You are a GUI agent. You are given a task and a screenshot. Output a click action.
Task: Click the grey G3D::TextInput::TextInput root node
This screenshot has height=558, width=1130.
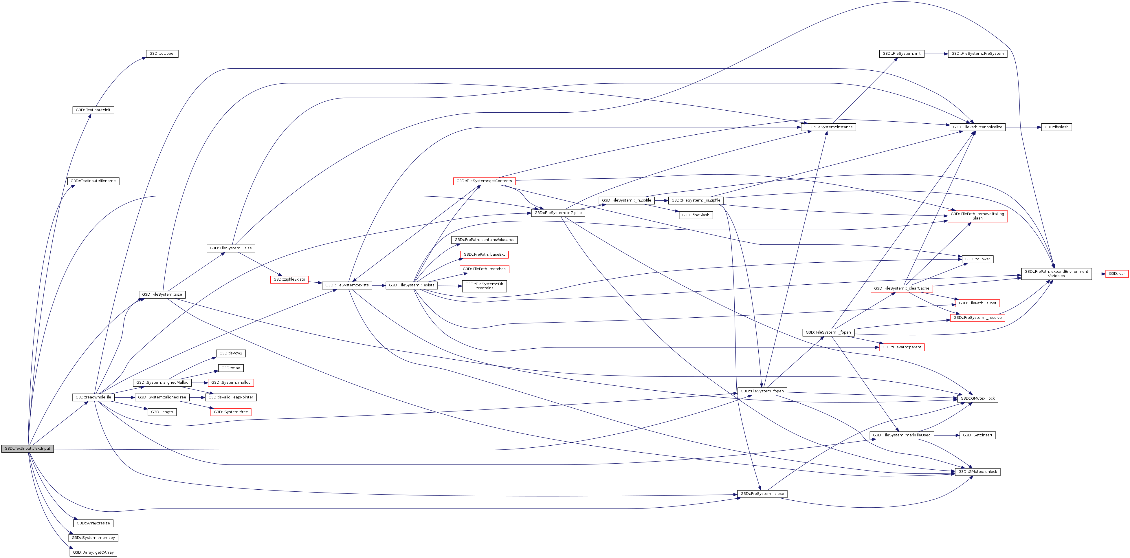click(27, 448)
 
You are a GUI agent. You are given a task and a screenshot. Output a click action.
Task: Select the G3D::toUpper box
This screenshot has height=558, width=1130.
click(162, 54)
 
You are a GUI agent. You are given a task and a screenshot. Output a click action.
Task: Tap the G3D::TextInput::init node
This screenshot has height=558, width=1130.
click(93, 110)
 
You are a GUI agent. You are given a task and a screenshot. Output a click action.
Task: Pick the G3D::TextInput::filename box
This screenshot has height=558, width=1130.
click(93, 181)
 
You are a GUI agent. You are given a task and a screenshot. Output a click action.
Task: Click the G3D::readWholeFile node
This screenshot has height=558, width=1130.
click(93, 397)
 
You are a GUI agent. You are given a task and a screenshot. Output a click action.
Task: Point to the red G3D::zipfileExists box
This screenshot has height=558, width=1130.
click(289, 279)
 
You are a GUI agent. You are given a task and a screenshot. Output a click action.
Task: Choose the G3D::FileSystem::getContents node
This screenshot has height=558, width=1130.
click(484, 181)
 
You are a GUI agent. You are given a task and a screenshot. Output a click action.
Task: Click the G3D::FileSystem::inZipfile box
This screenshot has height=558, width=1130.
click(558, 213)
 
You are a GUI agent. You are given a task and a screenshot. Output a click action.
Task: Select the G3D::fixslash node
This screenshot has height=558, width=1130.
click(1056, 127)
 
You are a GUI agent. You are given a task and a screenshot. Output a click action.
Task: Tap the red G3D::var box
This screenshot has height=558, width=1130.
click(1116, 274)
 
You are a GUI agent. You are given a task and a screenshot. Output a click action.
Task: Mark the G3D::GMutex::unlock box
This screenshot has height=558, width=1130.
click(977, 472)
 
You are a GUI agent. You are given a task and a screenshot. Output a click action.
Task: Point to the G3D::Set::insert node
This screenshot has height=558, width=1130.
click(977, 435)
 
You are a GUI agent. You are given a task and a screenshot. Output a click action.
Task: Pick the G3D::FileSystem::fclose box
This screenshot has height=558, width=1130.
click(762, 493)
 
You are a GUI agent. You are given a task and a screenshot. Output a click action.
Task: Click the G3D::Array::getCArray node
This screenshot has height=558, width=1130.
click(93, 552)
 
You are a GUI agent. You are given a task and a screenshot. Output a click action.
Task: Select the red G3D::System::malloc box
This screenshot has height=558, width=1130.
click(231, 383)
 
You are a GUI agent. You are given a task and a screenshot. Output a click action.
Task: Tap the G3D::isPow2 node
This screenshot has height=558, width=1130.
click(231, 353)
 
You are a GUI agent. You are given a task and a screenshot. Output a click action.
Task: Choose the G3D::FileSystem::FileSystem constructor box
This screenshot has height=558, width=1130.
click(977, 54)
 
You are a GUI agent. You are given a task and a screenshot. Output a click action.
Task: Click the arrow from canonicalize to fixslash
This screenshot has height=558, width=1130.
click(1023, 127)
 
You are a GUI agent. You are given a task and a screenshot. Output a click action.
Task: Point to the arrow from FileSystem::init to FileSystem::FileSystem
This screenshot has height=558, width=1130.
click(936, 54)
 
